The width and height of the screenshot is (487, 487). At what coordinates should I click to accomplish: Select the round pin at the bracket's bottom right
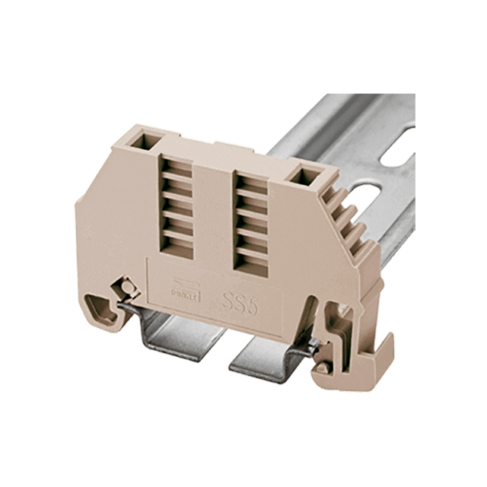pyautogui.click(x=323, y=369)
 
